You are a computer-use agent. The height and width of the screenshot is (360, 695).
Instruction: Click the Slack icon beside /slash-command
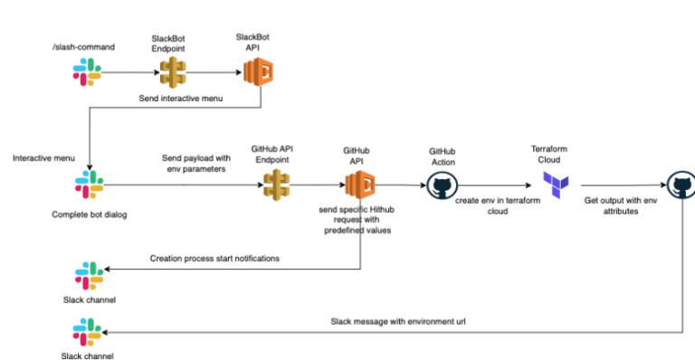[88, 71]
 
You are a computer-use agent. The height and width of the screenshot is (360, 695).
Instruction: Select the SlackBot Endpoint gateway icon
[167, 71]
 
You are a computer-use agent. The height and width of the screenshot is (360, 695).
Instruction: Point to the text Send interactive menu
[180, 96]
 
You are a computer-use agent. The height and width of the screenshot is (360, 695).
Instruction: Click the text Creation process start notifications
[214, 259]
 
